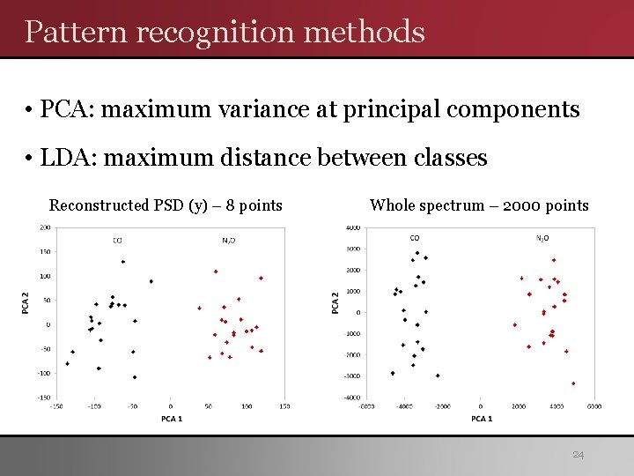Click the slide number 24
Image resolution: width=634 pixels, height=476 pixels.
tap(579, 455)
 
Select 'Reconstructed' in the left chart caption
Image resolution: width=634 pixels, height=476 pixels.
tap(100, 206)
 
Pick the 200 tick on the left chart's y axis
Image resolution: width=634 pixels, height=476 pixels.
tap(44, 227)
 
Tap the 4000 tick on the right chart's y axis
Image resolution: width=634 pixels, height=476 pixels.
tap(352, 228)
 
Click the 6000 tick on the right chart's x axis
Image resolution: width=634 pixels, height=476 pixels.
tap(594, 406)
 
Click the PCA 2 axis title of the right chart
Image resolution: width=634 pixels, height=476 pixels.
tap(335, 302)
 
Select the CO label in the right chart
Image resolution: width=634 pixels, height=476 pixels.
tap(414, 238)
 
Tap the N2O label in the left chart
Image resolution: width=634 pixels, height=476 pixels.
tap(228, 239)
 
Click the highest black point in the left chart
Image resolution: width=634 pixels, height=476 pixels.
tap(123, 262)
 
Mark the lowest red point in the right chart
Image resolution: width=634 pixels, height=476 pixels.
tap(573, 383)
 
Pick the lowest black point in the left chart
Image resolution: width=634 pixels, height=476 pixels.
tap(135, 377)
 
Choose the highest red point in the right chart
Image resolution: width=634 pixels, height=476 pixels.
tap(553, 260)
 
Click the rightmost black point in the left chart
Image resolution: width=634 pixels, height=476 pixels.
tap(151, 281)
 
